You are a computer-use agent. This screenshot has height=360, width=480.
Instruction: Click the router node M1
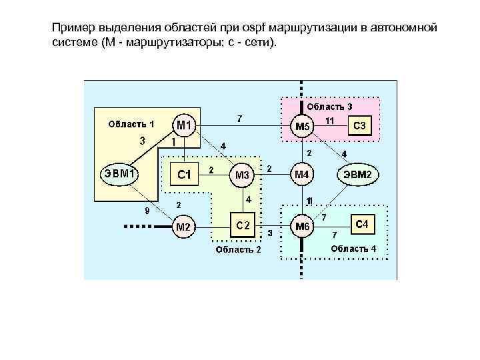185,125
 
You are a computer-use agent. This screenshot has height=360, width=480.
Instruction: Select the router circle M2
183,227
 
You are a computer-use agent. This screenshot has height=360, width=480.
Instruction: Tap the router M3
242,175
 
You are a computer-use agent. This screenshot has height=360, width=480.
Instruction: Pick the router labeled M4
302,175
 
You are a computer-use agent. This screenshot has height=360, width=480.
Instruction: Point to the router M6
303,227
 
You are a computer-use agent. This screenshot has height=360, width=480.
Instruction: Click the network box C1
184,175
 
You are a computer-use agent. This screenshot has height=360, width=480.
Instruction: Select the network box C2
243,225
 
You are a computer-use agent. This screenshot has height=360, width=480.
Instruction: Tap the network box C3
359,125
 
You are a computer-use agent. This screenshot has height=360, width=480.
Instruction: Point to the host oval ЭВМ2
361,175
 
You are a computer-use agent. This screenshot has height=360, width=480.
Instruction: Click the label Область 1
131,123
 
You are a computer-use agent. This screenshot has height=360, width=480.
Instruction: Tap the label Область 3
329,106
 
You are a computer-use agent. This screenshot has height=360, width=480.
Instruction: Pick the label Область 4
353,248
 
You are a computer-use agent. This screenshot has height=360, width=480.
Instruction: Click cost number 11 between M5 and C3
329,120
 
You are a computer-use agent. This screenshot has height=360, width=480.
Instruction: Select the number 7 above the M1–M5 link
239,119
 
